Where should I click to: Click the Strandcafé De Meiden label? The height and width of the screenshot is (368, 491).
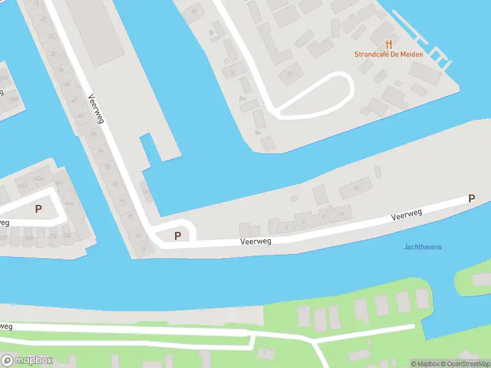(388, 54)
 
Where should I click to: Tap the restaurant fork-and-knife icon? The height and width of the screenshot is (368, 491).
(388, 44)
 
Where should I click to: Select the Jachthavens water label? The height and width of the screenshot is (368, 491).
(423, 247)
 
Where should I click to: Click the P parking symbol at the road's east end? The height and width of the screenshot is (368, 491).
(471, 199)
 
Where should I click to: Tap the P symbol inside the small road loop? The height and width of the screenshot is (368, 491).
(178, 236)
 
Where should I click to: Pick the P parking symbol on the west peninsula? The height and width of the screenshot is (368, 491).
(38, 209)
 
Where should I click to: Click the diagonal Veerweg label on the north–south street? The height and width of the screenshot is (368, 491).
(96, 108)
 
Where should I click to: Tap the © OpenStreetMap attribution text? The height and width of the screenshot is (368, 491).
(463, 364)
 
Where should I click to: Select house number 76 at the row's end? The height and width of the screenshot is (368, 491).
(143, 248)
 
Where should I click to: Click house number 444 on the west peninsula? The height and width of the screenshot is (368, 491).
(68, 203)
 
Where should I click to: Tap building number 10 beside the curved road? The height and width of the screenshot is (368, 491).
(290, 74)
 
